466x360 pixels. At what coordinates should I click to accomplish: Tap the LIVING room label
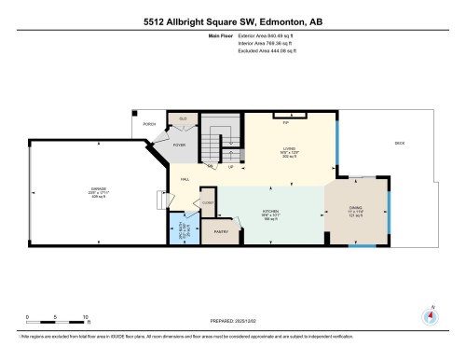(289, 147)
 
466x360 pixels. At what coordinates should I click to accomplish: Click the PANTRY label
(222, 230)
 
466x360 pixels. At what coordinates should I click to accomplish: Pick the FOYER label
(179, 145)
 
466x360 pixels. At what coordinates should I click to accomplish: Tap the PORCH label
(150, 123)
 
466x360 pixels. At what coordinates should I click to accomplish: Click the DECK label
(400, 143)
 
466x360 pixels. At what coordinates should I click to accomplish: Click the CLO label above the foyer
(183, 119)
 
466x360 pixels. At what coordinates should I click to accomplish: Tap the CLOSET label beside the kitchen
(209, 201)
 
